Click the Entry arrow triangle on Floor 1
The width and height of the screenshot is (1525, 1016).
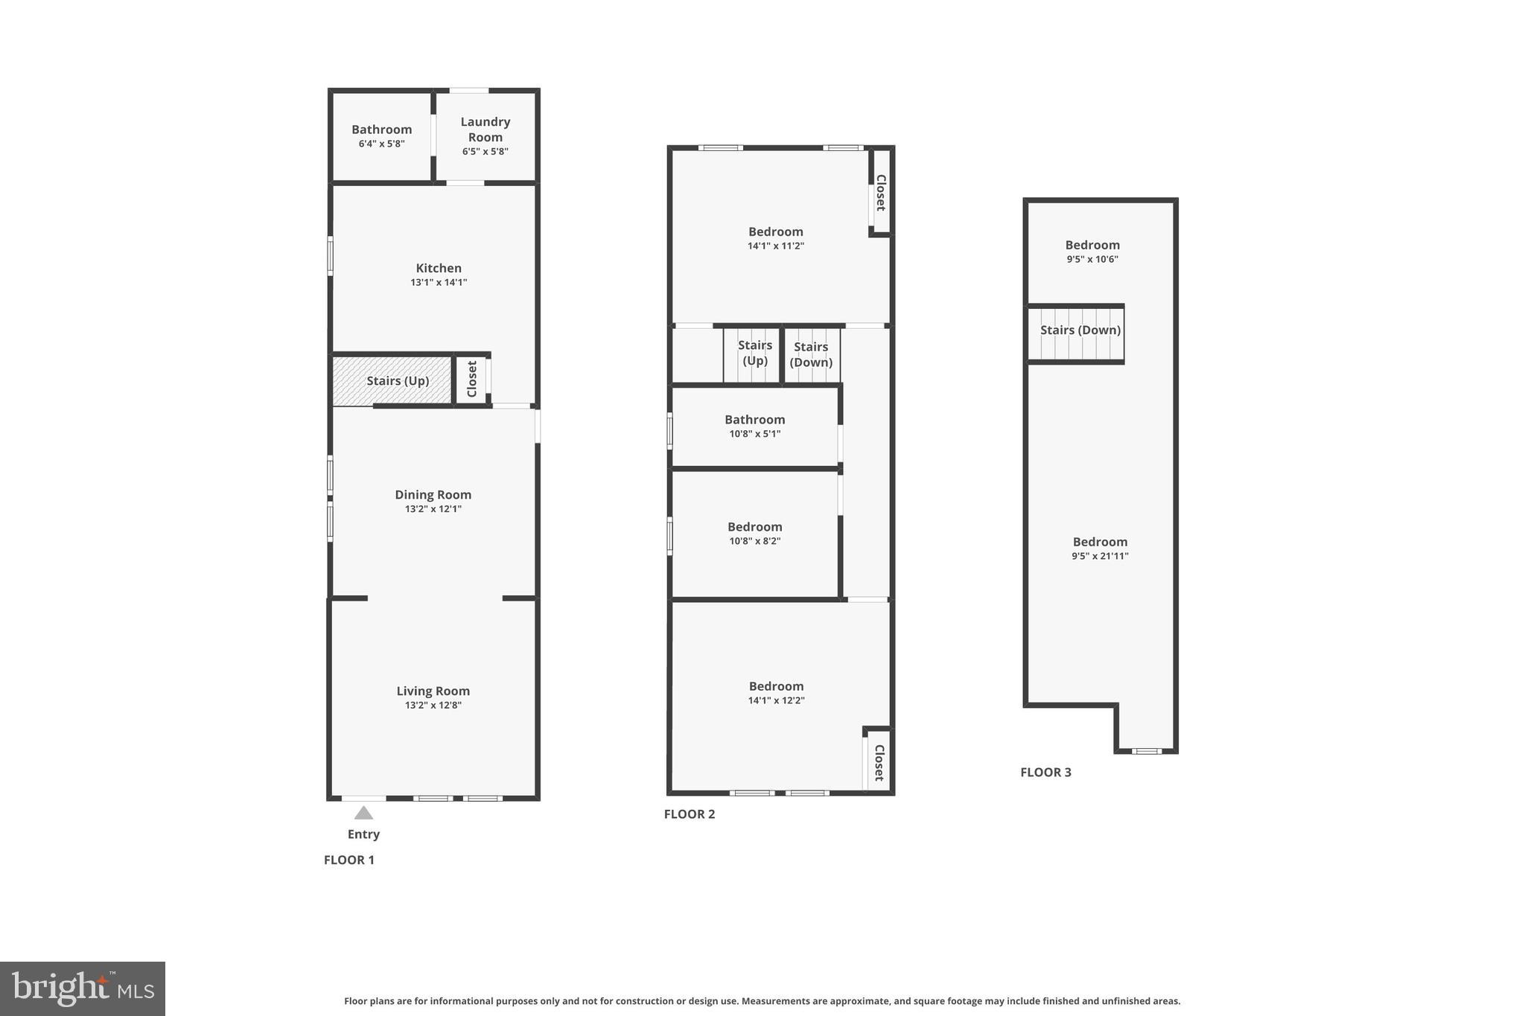[x=363, y=813]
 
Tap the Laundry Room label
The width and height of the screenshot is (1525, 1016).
[x=485, y=130]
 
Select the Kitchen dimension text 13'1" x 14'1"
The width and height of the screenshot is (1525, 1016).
[x=439, y=283]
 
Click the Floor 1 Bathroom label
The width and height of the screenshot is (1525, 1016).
[x=381, y=130]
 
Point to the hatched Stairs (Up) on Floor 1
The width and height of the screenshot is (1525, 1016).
[x=392, y=381]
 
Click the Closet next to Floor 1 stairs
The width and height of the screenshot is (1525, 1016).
[x=471, y=380]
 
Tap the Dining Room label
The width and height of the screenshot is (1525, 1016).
[x=433, y=495]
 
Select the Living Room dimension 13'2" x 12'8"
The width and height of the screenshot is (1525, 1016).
[x=433, y=706]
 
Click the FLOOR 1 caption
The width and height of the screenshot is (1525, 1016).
[x=349, y=860]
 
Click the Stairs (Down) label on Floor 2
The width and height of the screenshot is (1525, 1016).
[x=811, y=354]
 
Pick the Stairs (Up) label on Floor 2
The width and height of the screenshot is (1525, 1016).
[x=754, y=353]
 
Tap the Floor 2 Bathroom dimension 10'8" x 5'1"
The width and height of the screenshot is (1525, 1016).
[x=754, y=434]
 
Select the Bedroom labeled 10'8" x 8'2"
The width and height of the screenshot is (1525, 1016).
[x=754, y=527]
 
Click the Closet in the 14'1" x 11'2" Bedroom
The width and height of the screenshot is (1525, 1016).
[x=880, y=193]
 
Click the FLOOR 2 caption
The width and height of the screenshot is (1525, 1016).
[x=689, y=814]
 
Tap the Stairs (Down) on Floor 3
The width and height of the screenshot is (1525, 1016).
[x=1080, y=330]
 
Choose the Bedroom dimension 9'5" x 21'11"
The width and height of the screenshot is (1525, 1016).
[x=1100, y=556]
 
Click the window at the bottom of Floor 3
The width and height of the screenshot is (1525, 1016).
[x=1146, y=751]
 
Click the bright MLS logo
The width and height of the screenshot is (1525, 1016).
[x=83, y=988]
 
